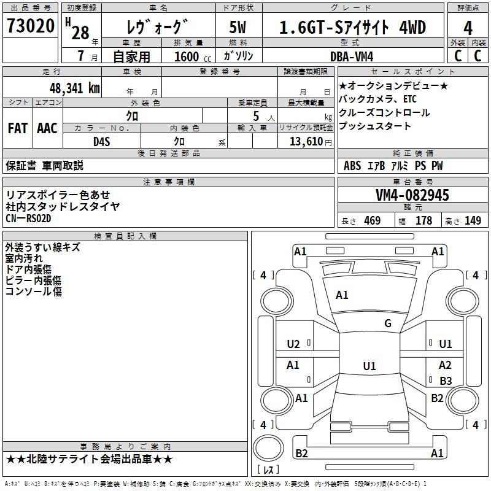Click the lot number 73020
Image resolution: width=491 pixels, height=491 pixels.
tap(31, 26)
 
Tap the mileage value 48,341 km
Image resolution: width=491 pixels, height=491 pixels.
tap(75, 88)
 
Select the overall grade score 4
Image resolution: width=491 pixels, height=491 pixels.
tap(468, 28)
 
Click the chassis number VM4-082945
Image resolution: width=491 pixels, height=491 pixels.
tap(412, 195)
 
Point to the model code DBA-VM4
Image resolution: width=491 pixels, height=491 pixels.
tap(352, 56)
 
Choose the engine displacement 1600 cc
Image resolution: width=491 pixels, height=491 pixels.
tap(193, 56)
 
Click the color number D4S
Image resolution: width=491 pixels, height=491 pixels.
tap(102, 142)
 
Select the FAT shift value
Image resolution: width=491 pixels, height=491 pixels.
tap(18, 128)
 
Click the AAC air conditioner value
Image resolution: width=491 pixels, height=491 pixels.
tap(47, 128)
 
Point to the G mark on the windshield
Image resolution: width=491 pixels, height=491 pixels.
tap(388, 323)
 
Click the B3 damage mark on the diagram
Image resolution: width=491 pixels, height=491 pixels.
tap(446, 381)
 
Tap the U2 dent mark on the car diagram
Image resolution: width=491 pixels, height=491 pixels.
tap(293, 344)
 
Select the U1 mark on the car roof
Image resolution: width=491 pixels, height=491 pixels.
tap(369, 366)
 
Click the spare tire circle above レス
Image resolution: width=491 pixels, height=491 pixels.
tap(268, 447)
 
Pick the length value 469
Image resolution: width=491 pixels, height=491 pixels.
tap(373, 220)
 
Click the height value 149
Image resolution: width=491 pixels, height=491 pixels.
tap(473, 220)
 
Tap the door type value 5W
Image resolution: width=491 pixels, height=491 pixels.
tap(238, 27)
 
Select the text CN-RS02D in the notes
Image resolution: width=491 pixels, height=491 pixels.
tap(28, 218)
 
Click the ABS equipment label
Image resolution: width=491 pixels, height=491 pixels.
tap(352, 165)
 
